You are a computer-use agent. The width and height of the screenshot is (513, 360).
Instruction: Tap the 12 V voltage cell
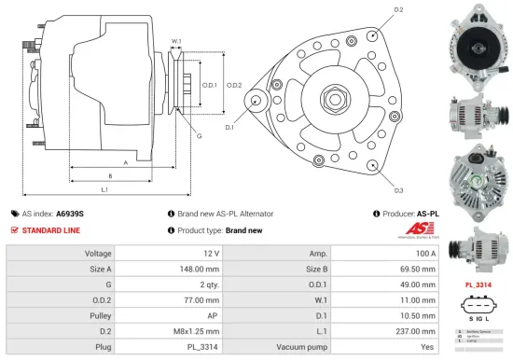point(210,253)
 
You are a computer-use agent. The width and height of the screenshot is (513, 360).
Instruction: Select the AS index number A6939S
point(70,213)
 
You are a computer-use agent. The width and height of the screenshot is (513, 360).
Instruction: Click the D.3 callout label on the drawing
point(398,190)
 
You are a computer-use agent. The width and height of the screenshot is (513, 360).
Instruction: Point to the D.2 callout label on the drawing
point(398,9)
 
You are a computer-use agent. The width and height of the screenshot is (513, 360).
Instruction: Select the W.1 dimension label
point(176,41)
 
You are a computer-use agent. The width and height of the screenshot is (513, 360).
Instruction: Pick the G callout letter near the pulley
point(198,136)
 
